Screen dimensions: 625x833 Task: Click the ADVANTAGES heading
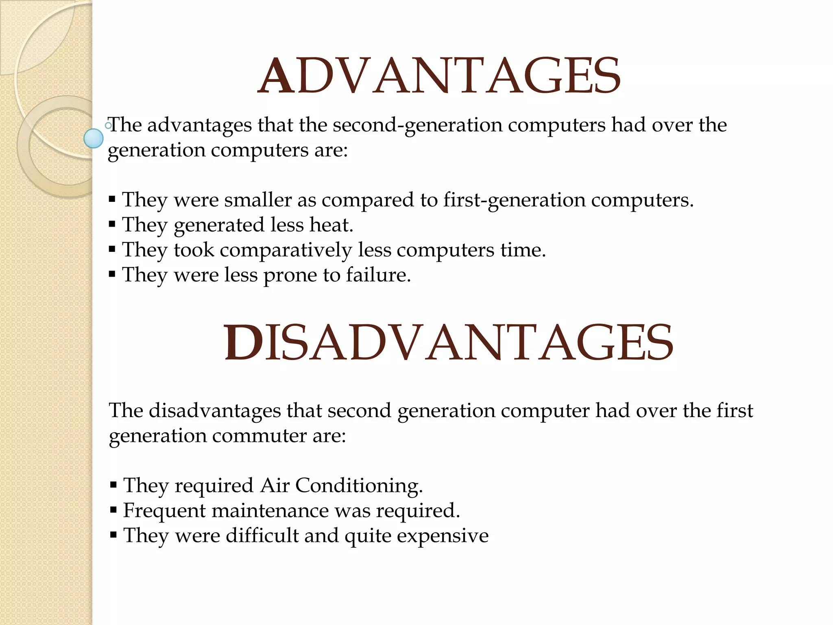[439, 76]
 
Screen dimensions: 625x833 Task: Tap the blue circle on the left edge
[93, 138]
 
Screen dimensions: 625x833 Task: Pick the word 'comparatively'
[286, 250]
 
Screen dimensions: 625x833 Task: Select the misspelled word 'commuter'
[259, 436]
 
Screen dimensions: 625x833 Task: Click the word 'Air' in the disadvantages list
[275, 485]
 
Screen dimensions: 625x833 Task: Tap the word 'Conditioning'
[358, 486]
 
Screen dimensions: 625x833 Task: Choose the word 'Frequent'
[164, 511]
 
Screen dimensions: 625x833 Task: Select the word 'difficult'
[262, 535]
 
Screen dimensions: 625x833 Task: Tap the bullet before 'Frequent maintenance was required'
[113, 510]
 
